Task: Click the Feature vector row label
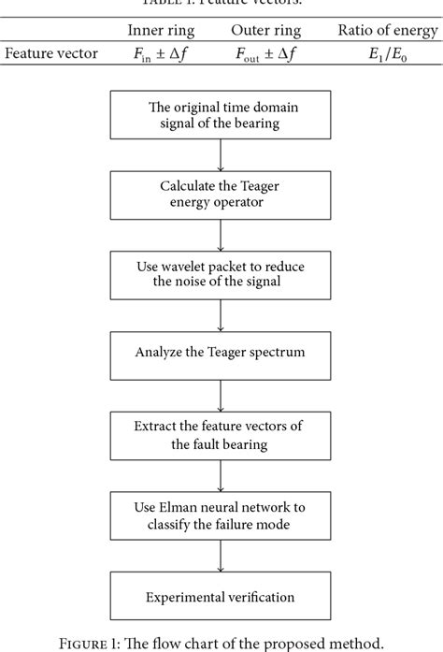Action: click(x=51, y=53)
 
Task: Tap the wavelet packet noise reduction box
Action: click(x=221, y=276)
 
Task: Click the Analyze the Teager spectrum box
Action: click(x=221, y=355)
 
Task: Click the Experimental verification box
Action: click(x=221, y=596)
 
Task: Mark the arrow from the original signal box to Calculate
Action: click(x=221, y=154)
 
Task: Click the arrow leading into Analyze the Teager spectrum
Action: click(x=221, y=316)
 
